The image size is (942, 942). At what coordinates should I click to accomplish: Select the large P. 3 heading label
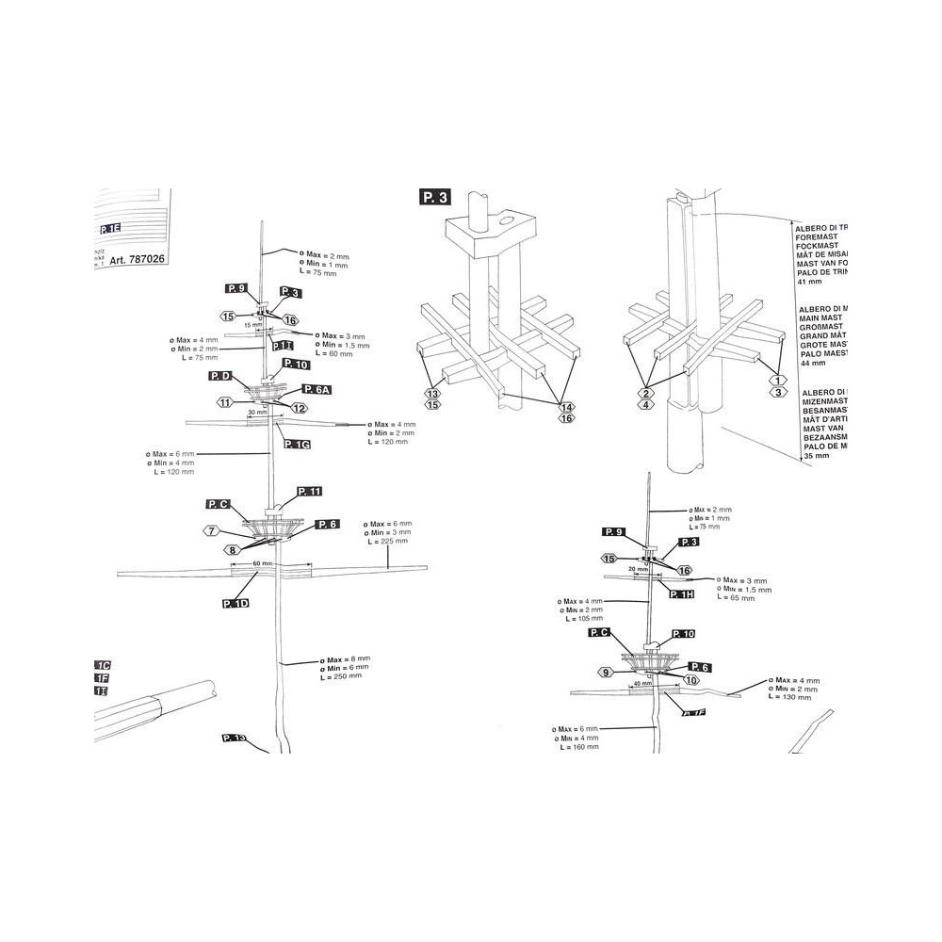437,197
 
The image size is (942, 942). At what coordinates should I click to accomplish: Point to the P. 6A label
316,389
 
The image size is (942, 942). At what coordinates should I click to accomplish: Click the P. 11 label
309,492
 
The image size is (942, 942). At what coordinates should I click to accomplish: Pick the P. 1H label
681,593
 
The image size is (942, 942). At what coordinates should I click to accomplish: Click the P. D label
221,376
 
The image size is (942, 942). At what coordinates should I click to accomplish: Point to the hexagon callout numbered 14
566,407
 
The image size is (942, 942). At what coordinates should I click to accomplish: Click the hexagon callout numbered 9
606,672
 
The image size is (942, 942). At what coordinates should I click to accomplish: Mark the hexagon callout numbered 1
778,379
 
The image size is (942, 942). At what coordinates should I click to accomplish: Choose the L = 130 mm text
790,697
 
